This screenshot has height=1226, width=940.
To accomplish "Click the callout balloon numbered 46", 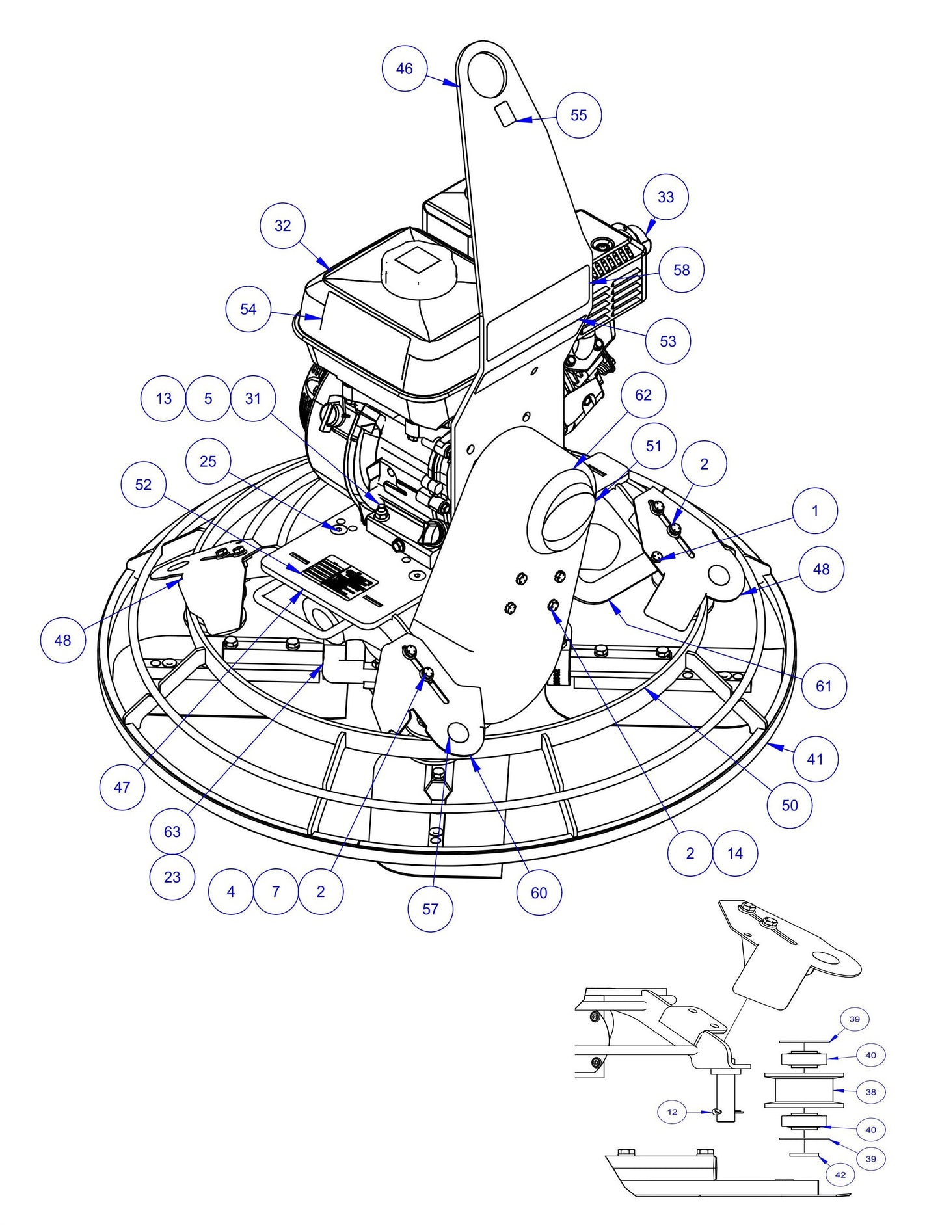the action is [x=404, y=68].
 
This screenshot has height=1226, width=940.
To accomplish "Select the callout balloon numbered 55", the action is [x=578, y=115].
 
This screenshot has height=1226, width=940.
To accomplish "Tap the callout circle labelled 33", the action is [x=665, y=196].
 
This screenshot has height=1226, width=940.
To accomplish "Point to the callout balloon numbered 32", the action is [x=282, y=226].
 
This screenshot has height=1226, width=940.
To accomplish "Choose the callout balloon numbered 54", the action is [x=248, y=309].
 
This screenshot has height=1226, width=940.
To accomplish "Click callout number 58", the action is [x=681, y=270].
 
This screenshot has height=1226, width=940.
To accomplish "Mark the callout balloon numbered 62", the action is [x=643, y=395].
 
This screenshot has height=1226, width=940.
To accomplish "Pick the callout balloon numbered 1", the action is [x=815, y=511].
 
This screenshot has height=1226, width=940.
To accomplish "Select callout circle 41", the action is [x=815, y=758].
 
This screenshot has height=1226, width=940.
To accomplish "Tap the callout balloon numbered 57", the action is [x=430, y=909].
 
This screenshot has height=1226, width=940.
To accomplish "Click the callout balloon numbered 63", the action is [x=172, y=831].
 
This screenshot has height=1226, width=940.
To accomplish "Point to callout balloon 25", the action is [x=208, y=461].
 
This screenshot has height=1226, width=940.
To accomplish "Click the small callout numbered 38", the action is [x=870, y=1092].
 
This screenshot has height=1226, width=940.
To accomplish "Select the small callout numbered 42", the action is [x=840, y=1175].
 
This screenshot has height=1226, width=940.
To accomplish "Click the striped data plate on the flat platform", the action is [x=340, y=577].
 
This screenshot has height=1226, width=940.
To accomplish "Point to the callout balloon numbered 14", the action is [x=735, y=853].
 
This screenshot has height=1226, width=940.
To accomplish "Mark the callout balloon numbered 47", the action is [x=122, y=787].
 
